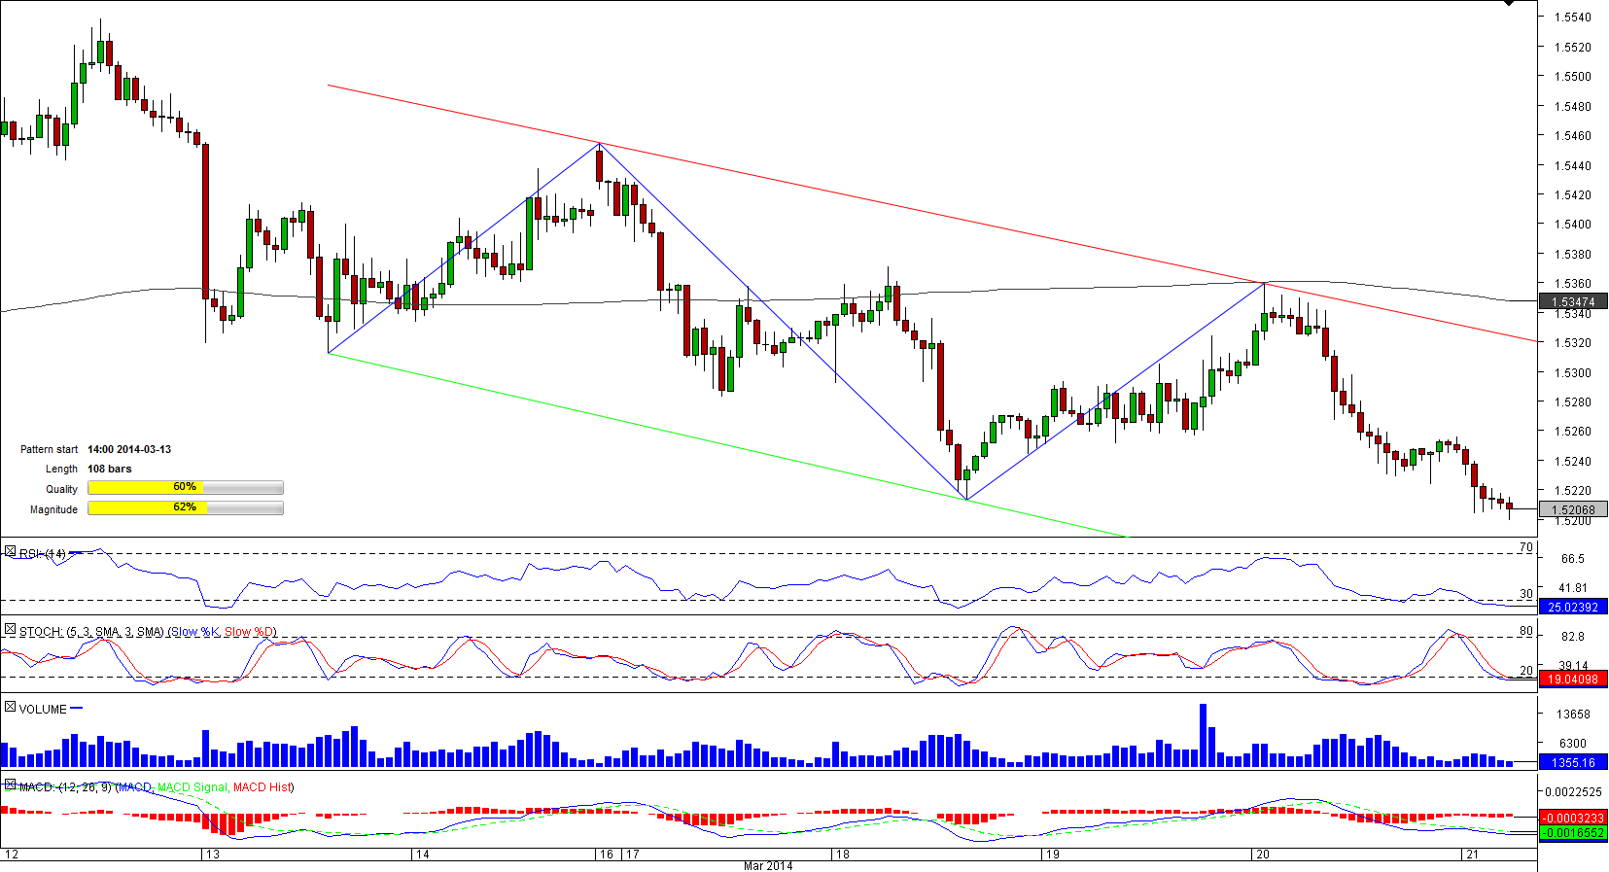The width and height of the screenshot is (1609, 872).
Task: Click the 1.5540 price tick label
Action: [x=1572, y=17]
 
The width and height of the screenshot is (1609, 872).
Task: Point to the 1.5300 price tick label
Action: [x=1572, y=373]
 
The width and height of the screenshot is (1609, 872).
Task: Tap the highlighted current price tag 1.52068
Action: [x=1573, y=509]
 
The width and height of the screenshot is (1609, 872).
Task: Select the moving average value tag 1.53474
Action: [x=1573, y=302]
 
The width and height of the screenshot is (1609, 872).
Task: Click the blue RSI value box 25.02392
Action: [x=1573, y=607]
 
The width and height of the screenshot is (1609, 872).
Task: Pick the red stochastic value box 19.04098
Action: [x=1573, y=680]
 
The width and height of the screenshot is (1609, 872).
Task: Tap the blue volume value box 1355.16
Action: [x=1573, y=763]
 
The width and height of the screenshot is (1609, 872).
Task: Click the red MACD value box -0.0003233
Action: [x=1573, y=819]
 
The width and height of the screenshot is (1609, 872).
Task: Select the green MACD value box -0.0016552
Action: [x=1573, y=833]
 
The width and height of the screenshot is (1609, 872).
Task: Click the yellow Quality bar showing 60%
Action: [x=185, y=488]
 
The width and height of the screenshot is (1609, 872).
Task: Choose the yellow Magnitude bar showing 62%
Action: [x=185, y=508]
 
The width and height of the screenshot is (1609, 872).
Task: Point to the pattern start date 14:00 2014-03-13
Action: [x=129, y=449]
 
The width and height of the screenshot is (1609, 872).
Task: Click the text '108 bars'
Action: [x=109, y=469]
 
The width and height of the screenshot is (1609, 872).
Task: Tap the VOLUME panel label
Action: [x=43, y=710]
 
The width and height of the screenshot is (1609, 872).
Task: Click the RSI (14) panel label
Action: [x=43, y=554]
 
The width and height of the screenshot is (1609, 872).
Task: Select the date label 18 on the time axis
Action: [x=842, y=855]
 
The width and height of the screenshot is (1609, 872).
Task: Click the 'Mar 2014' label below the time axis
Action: [x=768, y=866]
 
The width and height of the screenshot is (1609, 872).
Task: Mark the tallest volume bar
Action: [x=1203, y=735]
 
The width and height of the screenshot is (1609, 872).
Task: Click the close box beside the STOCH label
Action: [x=10, y=630]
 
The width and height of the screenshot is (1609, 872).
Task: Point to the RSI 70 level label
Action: [x=1525, y=547]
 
